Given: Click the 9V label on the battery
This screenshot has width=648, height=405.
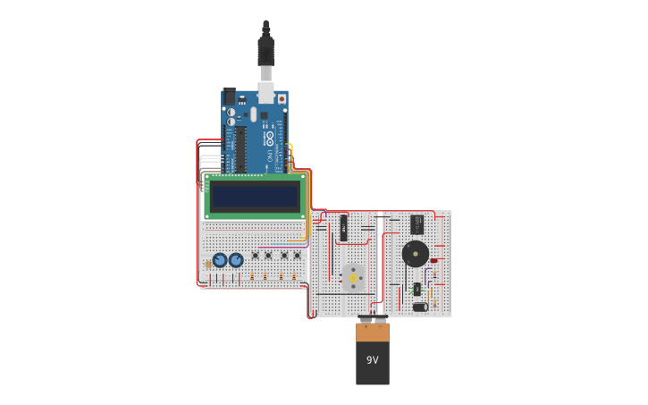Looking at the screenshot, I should coord(373,360).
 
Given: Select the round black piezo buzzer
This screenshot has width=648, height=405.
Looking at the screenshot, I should coord(415,253).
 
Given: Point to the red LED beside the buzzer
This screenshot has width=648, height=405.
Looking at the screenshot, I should coord(433,261).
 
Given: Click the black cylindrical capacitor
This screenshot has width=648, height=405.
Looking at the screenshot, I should coord(419,307).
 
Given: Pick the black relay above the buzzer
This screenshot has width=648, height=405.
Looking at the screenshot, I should coord(417,224).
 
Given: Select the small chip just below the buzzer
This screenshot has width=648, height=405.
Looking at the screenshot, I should coord(417,288).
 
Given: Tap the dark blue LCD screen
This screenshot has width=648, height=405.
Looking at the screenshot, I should coord(255,197).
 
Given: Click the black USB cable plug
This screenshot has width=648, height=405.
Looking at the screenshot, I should coord(265,49).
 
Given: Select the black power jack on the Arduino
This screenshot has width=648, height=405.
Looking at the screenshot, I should coord(229,96).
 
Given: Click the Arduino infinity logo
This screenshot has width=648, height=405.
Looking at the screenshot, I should coord(269,138).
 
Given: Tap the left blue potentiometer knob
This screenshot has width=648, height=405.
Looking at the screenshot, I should coord(220,260).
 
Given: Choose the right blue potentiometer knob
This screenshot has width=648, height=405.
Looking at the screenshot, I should coord(236,260).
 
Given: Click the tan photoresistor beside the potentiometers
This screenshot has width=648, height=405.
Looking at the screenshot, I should coord(208,263).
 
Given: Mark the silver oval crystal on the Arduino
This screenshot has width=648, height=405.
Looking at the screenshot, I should coord(253,114).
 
